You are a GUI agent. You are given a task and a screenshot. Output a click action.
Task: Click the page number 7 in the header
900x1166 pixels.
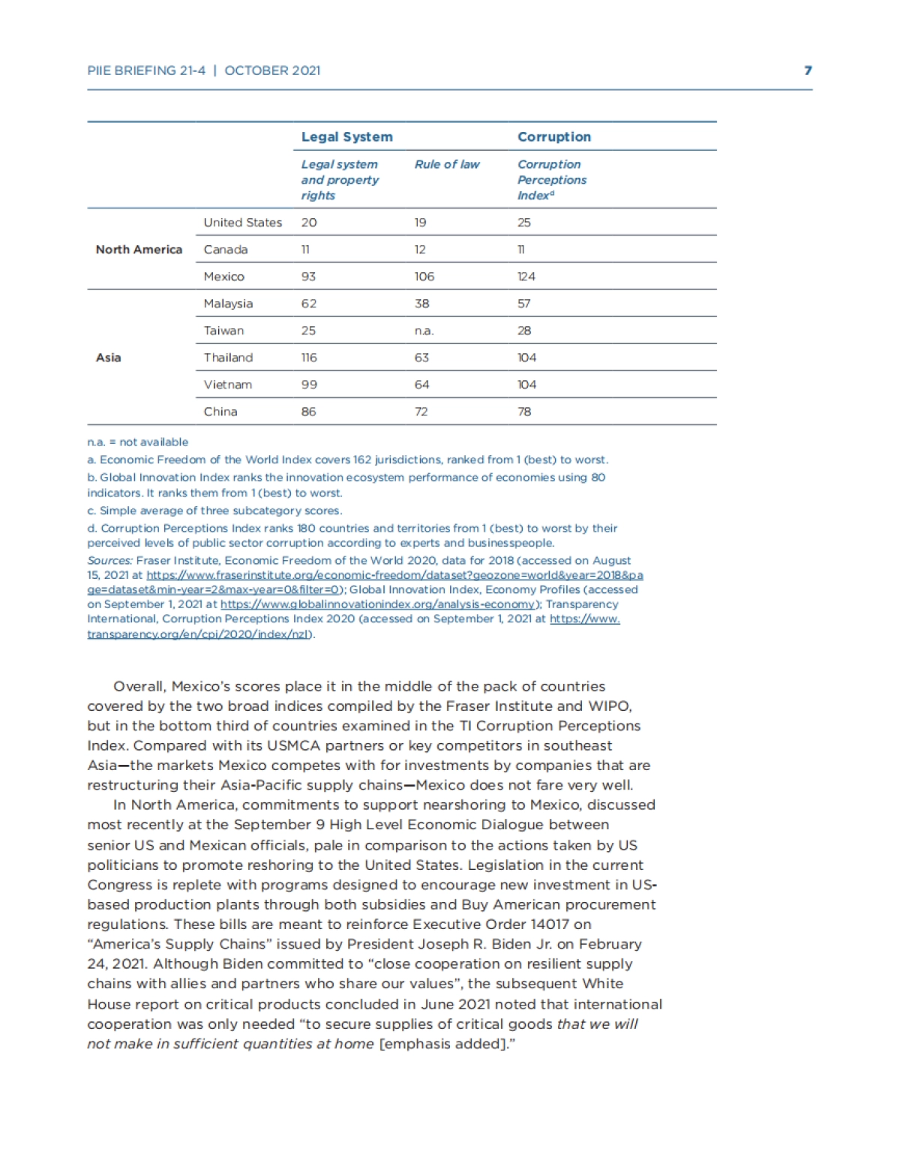808,70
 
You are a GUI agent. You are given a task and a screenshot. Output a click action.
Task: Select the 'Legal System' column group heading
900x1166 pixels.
346,136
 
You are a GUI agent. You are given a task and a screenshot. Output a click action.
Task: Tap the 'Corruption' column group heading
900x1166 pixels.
553,136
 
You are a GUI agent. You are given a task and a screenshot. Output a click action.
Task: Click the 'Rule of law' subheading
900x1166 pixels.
446,164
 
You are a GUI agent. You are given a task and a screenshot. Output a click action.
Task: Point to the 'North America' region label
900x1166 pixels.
139,250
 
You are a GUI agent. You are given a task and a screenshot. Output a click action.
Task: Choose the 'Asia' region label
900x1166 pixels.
108,358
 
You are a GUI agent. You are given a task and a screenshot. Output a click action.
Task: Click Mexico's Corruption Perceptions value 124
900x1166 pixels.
526,277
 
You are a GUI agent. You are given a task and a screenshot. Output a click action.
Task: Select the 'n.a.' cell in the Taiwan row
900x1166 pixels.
424,331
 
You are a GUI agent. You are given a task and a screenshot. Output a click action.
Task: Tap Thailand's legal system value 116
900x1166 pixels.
308,358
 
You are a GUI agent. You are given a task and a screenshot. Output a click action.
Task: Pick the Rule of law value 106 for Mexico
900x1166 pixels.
424,277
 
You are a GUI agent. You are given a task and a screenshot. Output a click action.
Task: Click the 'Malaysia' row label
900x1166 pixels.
228,304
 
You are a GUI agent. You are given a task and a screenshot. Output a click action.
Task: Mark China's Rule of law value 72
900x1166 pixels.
421,412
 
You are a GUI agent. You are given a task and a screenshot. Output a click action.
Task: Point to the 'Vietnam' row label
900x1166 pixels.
227,385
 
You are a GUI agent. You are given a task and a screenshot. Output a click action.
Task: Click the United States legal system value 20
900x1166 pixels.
308,223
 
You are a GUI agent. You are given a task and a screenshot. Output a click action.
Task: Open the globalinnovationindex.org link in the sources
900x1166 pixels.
379,604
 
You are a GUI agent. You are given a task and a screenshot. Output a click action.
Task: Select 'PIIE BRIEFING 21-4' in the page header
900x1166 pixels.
146,70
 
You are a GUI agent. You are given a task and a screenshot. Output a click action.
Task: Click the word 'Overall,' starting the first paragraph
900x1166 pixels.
139,686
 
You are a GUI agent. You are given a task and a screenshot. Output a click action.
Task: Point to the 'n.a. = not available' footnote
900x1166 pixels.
137,442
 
